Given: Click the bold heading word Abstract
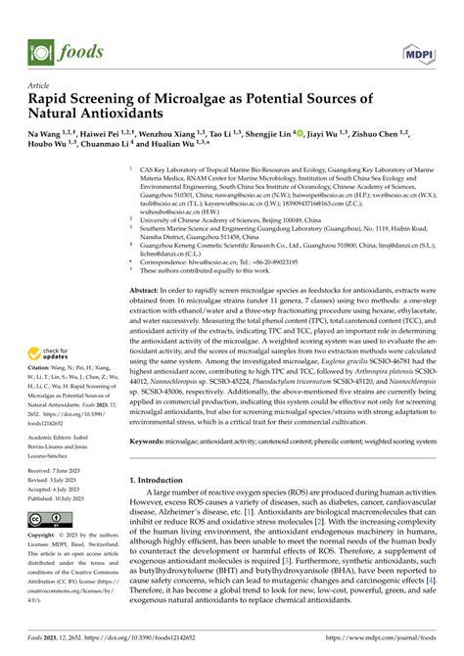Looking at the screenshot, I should coord(145,292).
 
